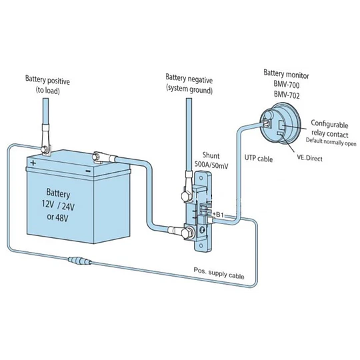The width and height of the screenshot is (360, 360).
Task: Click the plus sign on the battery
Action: pos(33,163)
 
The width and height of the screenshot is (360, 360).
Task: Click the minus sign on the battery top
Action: pos(88,171)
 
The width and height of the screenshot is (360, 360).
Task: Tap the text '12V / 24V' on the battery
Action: pos(58,205)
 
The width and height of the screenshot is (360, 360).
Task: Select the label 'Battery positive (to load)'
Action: pos(47,85)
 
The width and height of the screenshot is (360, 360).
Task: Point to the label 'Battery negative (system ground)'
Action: pos(189,84)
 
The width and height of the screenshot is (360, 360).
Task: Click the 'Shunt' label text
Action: pos(211,155)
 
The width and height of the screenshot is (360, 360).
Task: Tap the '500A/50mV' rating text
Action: pos(211,165)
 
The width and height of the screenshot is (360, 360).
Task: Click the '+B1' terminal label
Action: pos(218,215)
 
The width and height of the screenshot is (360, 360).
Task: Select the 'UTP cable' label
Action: pos(259,158)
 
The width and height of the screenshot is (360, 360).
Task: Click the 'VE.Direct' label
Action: pos(310,158)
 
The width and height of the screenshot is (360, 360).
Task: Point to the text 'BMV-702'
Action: pos(287,95)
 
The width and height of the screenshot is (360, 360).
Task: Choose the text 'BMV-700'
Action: pos(287,84)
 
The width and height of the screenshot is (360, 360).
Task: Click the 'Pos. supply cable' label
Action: pos(219,273)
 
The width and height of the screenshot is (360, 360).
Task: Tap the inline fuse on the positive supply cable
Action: pos(80,261)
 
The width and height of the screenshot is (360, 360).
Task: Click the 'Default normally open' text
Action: pos(331,141)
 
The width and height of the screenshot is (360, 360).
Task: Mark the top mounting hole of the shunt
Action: pos(201,178)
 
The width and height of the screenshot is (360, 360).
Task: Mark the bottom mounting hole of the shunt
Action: pos(201,245)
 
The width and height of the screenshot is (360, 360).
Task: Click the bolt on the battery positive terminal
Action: pos(44,150)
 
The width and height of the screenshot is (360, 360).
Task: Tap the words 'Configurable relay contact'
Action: pos(330,129)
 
